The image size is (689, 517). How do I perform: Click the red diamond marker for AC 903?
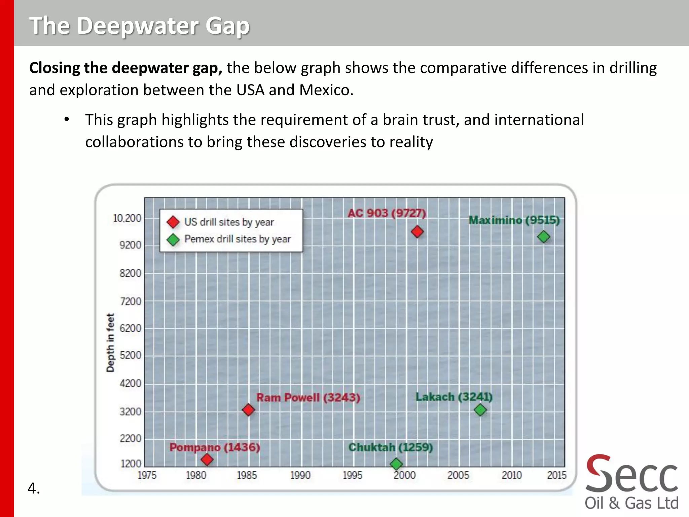click(x=417, y=232)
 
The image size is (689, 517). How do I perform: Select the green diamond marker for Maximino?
click(x=544, y=237)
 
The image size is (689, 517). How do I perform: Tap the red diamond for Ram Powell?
click(x=248, y=410)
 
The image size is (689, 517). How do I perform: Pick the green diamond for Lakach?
click(x=480, y=410)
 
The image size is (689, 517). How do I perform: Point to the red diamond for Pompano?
click(x=207, y=459)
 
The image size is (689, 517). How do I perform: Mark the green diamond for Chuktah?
click(x=396, y=464)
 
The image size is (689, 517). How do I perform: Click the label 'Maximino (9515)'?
click(x=514, y=220)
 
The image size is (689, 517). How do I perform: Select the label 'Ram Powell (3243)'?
click(x=308, y=398)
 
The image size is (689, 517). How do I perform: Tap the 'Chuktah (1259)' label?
click(x=390, y=447)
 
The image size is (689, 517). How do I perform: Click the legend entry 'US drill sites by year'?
click(x=229, y=222)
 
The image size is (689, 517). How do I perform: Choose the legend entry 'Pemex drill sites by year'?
click(x=237, y=239)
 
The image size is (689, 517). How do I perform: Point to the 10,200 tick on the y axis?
click(x=127, y=218)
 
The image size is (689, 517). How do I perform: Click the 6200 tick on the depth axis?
click(x=131, y=328)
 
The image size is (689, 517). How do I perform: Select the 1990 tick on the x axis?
click(x=300, y=475)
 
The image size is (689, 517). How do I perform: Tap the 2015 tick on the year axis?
click(x=556, y=475)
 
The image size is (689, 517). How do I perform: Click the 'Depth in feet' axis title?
click(x=110, y=343)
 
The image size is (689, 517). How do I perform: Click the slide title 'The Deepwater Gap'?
click(x=139, y=26)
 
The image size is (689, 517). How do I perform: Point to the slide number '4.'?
click(x=34, y=488)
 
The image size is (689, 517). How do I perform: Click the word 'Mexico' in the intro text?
click(x=326, y=90)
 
